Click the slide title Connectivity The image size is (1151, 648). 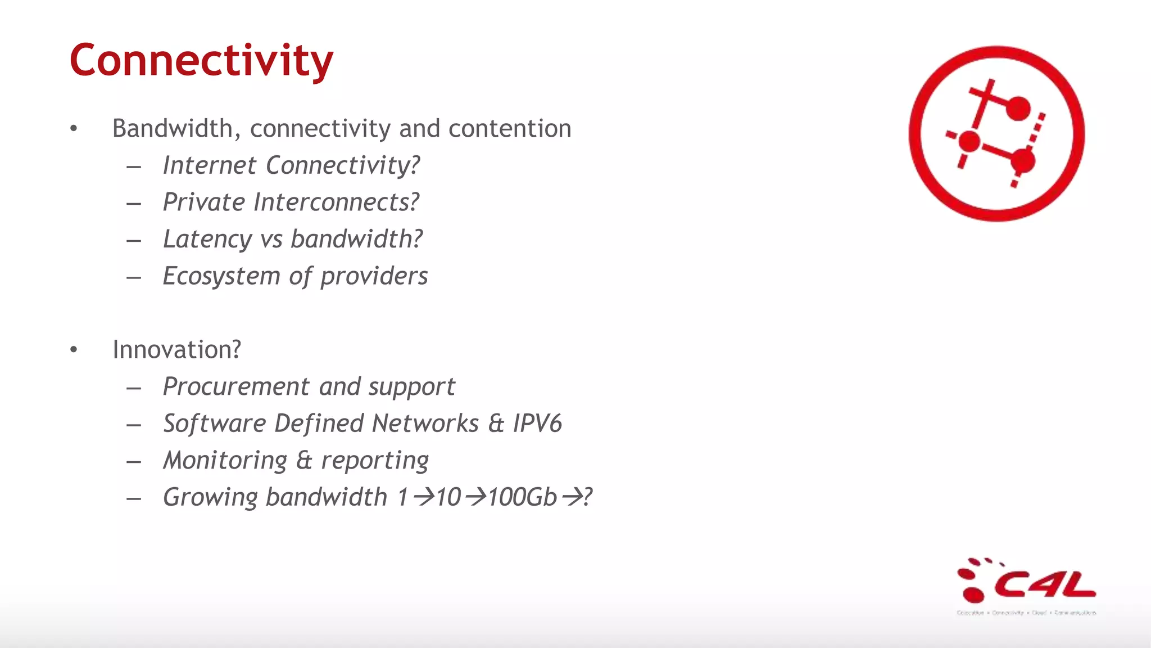click(x=201, y=61)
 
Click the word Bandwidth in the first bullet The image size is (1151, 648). click(x=172, y=129)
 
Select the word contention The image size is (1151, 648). click(x=509, y=129)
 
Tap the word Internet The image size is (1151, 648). click(x=210, y=165)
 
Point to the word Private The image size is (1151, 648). click(x=203, y=202)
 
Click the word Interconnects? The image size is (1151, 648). click(x=336, y=202)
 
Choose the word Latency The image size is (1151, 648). click(x=207, y=240)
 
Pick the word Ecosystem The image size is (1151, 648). click(x=221, y=276)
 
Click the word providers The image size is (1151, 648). click(x=374, y=276)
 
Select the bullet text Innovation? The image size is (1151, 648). click(x=176, y=350)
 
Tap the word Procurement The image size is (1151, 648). click(x=235, y=387)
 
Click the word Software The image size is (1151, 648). click(x=214, y=424)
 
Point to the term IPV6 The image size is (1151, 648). click(x=537, y=424)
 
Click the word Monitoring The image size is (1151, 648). click(x=225, y=461)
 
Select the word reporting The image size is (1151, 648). click(x=374, y=461)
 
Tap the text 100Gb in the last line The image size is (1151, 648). click(x=522, y=497)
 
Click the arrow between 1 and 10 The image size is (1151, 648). click(x=423, y=497)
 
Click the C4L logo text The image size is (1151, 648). click(x=1044, y=585)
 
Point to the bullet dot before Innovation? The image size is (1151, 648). click(x=74, y=350)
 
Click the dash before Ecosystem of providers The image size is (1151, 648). click(x=134, y=277)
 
